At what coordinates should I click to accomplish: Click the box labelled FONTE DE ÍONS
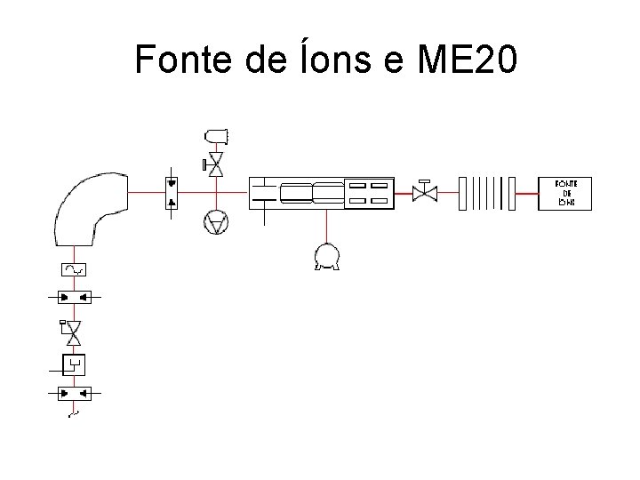point(564,193)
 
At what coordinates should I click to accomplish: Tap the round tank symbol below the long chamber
point(326,256)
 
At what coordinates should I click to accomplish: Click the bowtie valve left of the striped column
point(425,192)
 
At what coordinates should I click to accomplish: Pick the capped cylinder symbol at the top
point(216,135)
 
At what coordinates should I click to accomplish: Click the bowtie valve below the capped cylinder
point(215,164)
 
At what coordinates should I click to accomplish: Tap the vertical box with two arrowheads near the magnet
point(172,193)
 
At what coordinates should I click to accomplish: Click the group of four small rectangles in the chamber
point(368,193)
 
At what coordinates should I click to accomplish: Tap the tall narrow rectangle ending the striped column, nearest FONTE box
point(511,193)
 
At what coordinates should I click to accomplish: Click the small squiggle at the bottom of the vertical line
point(73,414)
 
